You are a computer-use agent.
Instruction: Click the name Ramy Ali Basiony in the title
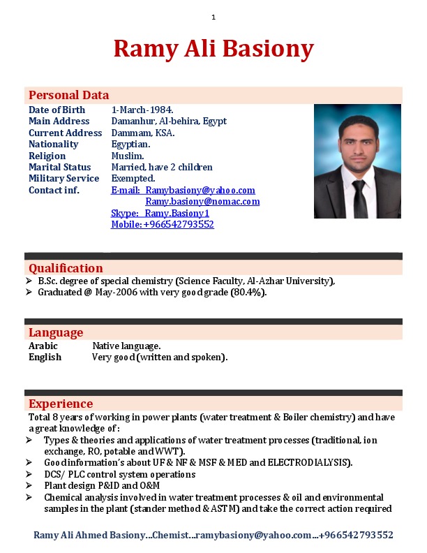[x=213, y=49]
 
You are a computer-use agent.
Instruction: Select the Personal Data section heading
[x=68, y=96]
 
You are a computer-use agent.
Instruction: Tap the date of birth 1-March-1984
[x=142, y=110]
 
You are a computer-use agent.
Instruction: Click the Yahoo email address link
[x=200, y=190]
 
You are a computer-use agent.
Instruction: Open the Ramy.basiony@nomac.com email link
[x=202, y=201]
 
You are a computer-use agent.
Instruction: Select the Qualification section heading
[x=66, y=268]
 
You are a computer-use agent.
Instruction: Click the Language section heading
[x=56, y=332]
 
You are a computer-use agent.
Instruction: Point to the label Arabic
[x=43, y=346]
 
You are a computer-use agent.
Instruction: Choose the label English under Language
[x=45, y=357]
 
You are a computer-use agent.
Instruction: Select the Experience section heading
[x=61, y=404]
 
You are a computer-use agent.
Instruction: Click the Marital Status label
[x=59, y=167]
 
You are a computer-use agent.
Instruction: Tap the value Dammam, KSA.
[x=143, y=133]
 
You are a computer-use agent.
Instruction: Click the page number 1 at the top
[x=213, y=17]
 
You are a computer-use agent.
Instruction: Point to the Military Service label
[x=63, y=178]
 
